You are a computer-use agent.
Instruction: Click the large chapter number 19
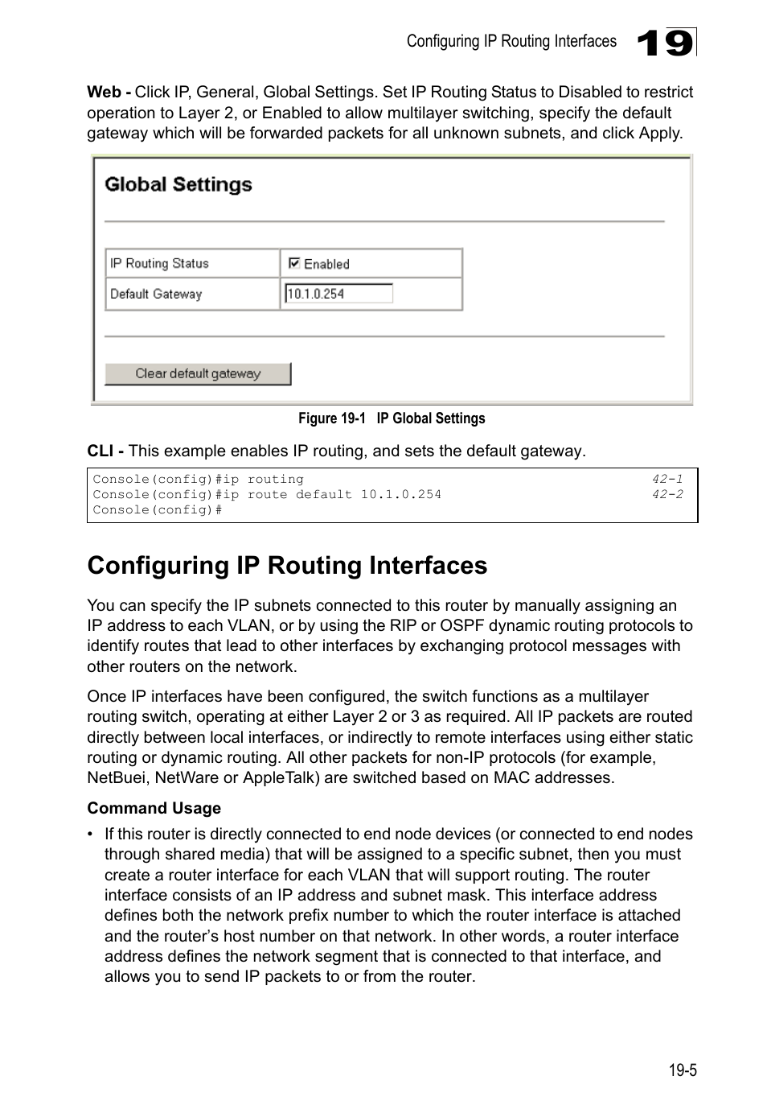point(666,43)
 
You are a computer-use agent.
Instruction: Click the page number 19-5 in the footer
point(682,1070)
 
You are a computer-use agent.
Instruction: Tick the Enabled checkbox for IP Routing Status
point(294,263)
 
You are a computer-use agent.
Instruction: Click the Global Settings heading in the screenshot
point(178,185)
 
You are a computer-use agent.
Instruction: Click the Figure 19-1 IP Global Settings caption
point(392,418)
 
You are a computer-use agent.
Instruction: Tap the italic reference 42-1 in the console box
point(667,479)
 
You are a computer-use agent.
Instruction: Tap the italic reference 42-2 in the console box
point(667,494)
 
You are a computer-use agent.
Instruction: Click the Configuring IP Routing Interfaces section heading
point(287,566)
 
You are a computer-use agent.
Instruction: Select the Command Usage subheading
point(154,808)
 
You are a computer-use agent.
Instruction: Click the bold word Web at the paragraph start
point(104,93)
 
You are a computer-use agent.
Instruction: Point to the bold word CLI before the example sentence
point(100,451)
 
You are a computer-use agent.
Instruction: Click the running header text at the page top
point(511,42)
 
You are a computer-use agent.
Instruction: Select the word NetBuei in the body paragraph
point(117,778)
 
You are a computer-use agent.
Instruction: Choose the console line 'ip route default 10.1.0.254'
point(267,494)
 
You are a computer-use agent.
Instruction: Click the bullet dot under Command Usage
point(92,835)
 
